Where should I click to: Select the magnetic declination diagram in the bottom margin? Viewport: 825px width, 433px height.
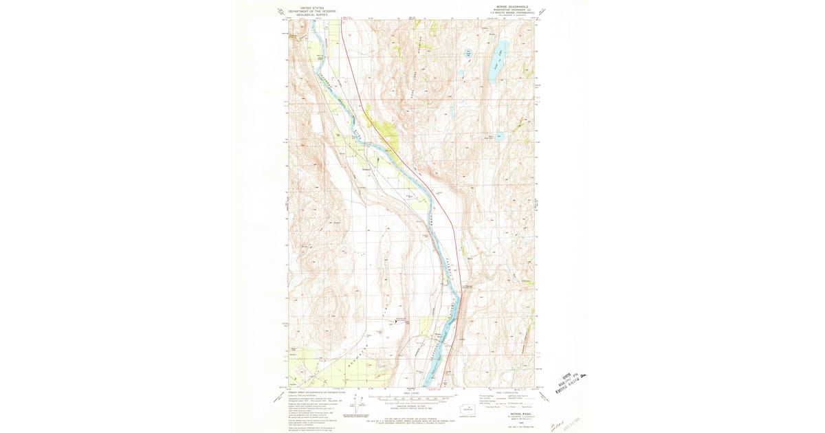coord(357,402)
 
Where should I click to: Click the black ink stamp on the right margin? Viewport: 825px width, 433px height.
coord(574,377)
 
